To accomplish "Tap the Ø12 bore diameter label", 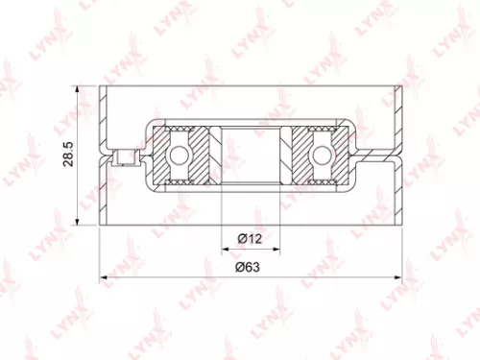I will click(x=250, y=237).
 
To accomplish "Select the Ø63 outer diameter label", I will click(x=250, y=270).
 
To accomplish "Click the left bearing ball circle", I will click(x=180, y=154).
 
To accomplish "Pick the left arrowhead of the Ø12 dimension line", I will click(x=225, y=247).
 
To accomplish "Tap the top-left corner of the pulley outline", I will click(x=101, y=87).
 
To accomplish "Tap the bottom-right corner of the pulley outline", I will click(x=401, y=223).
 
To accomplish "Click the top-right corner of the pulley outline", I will click(x=401, y=87).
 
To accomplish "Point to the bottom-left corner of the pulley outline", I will click(x=101, y=223).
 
